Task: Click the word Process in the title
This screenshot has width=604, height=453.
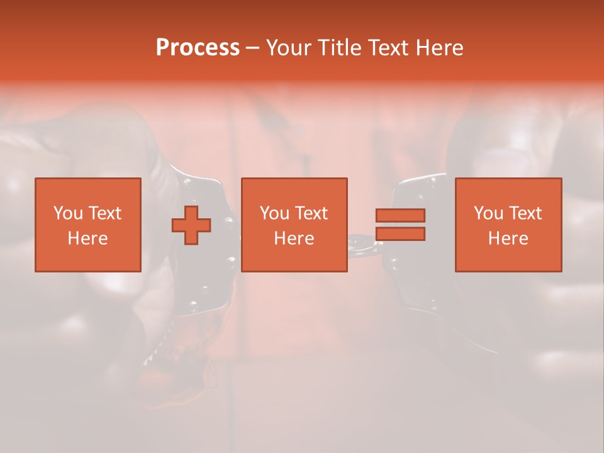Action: (x=198, y=48)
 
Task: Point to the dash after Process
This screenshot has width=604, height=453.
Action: (x=252, y=48)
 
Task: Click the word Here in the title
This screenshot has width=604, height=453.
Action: (x=440, y=48)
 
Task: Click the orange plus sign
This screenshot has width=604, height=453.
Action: (x=191, y=225)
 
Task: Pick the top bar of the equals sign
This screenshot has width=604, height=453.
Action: (x=400, y=215)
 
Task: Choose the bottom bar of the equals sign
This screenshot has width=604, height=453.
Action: (x=400, y=234)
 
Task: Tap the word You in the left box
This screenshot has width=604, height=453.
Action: (x=68, y=213)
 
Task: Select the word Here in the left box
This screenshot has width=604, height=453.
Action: (x=87, y=238)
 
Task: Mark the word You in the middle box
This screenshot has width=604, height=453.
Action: (x=274, y=213)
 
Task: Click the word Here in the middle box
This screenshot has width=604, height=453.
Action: (x=294, y=238)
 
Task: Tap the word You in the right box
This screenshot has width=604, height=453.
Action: (x=488, y=213)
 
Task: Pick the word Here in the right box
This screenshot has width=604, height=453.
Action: (x=508, y=238)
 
